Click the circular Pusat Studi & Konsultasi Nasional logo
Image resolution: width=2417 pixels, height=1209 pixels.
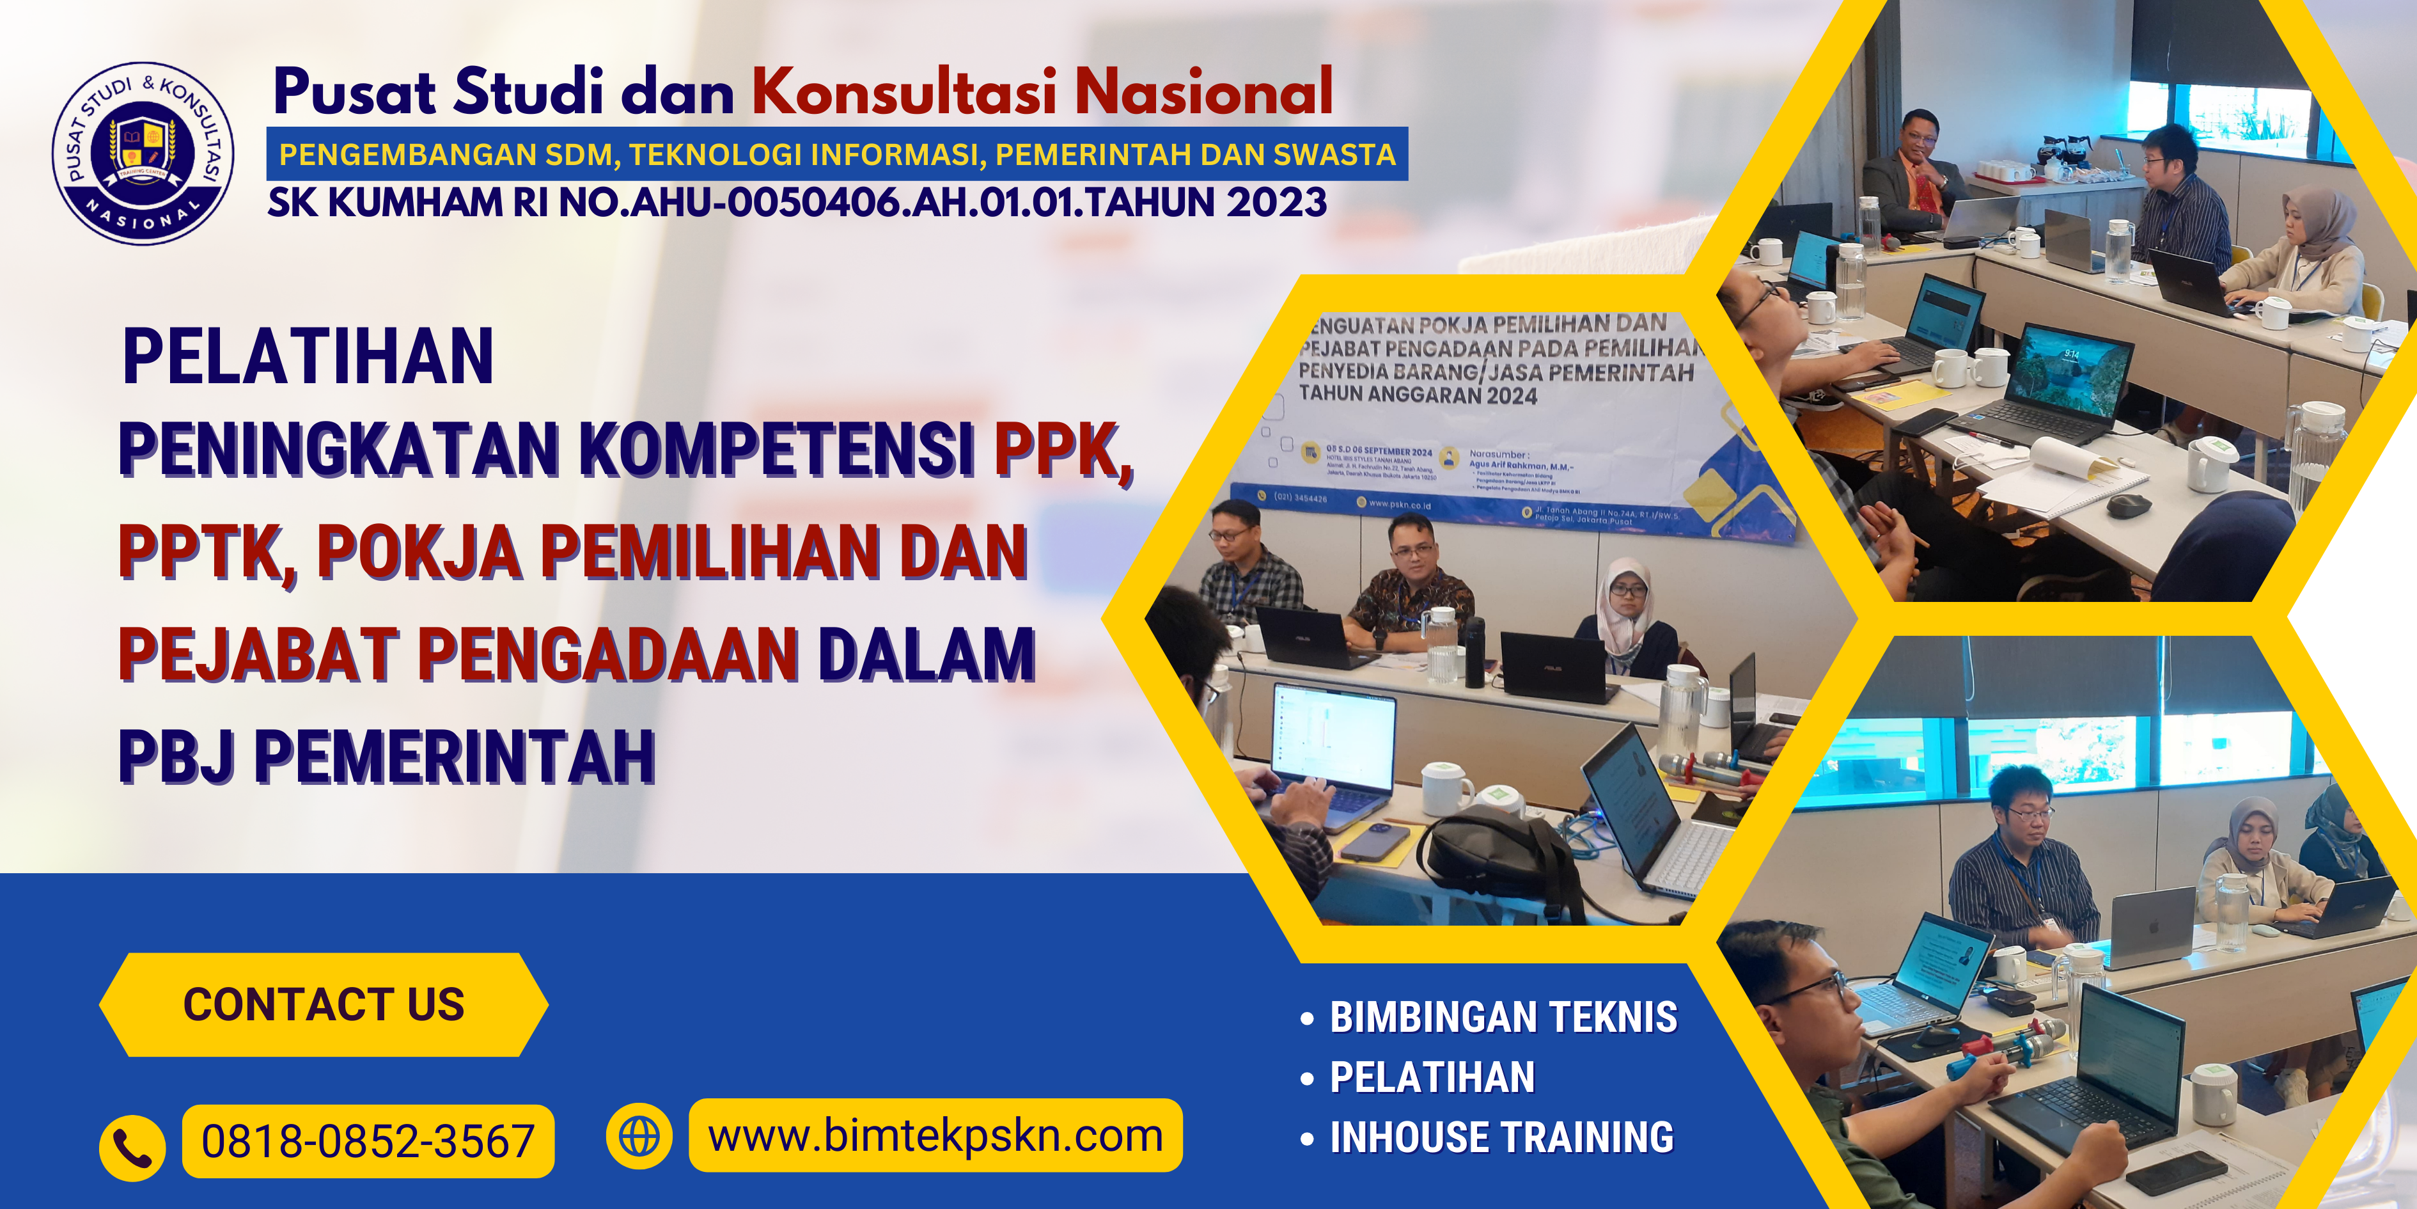143,153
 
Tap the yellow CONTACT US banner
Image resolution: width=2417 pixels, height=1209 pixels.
324,1004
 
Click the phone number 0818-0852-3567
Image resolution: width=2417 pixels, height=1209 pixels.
368,1141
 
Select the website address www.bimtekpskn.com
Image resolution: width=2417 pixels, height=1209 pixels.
935,1136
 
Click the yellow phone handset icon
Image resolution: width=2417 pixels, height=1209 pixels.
132,1147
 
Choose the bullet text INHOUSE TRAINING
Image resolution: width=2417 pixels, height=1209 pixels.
1501,1137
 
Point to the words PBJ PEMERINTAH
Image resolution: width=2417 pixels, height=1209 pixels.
387,757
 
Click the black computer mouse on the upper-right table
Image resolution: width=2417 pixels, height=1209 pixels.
2128,505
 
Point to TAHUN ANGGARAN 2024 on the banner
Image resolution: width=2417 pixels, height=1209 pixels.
1418,394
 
